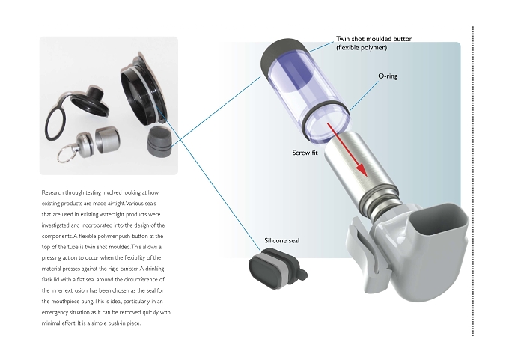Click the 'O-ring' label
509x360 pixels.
coord(388,76)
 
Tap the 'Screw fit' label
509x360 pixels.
coord(305,153)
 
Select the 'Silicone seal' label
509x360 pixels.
coord(281,240)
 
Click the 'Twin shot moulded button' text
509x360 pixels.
coord(374,39)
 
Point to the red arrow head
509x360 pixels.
coord(362,168)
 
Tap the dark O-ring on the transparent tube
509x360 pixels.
coord(326,120)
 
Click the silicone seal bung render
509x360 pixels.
coord(278,268)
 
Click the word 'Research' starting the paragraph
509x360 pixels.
coord(52,192)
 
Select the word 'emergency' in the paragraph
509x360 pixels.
coord(55,313)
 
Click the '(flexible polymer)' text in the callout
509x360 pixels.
coord(362,48)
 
